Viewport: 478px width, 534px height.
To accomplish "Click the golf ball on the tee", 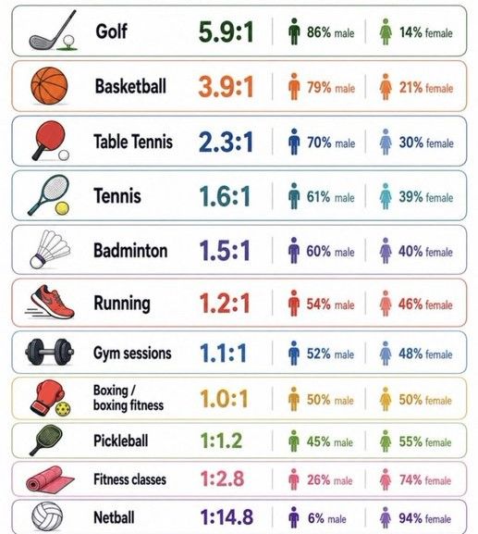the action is [x=68, y=40].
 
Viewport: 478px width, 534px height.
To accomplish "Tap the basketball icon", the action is [x=49, y=85].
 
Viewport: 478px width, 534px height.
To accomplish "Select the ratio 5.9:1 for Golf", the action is [x=226, y=31].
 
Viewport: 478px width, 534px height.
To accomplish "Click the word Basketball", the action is [x=130, y=86].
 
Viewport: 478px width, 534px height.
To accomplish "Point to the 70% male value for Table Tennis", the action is [x=331, y=143].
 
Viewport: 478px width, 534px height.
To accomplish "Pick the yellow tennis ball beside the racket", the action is [x=62, y=208].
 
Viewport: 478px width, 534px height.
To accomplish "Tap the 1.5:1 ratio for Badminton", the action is [x=225, y=251].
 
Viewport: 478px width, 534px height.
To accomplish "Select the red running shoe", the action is [x=50, y=302].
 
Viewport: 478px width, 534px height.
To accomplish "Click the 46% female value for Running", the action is [x=425, y=304].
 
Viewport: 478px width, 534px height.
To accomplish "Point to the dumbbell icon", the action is [x=49, y=352].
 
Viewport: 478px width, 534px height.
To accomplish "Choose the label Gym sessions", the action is [x=132, y=354].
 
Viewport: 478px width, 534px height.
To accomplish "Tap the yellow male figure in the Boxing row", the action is [x=294, y=399].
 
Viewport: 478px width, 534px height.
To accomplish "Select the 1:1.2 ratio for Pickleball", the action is [x=221, y=441].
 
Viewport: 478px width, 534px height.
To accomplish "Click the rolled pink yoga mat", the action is [x=50, y=479].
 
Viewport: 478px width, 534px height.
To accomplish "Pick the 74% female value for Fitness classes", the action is [x=425, y=479].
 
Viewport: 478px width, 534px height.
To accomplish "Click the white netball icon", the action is [x=47, y=516].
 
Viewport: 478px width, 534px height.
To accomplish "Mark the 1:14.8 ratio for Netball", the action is [x=227, y=517].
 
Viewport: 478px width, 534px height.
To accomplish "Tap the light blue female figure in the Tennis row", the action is [x=386, y=196].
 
